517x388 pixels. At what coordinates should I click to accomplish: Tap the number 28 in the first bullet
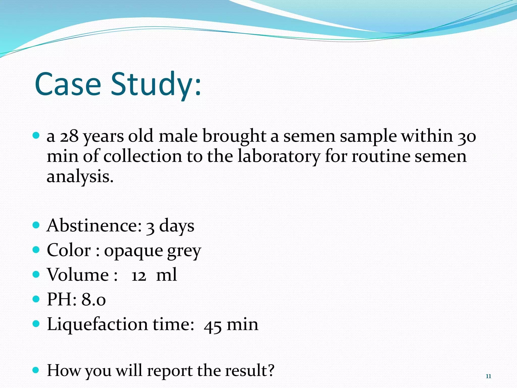click(x=69, y=136)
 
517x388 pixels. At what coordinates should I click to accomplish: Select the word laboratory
click(x=279, y=157)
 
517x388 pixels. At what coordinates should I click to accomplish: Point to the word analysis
click(x=80, y=177)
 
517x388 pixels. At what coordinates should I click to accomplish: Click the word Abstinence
click(x=94, y=225)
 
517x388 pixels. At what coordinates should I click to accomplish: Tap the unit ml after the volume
click(x=166, y=275)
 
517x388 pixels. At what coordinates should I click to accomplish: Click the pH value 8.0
click(x=93, y=300)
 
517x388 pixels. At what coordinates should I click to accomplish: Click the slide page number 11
click(x=488, y=376)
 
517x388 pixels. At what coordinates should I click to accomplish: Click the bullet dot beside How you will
click(x=36, y=370)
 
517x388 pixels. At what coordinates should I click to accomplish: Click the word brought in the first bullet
click(x=234, y=137)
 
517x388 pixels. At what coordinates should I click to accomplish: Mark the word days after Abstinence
click(x=176, y=226)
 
